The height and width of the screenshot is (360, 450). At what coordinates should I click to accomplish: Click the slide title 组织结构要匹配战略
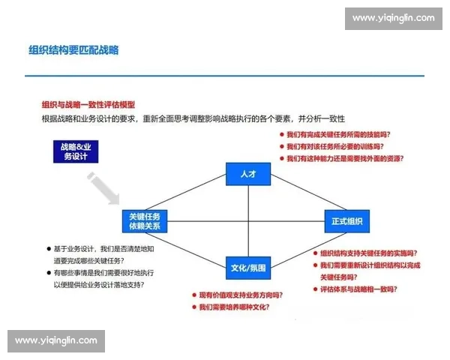[x=74, y=50]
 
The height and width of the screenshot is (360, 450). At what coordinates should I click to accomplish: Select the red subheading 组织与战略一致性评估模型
[x=88, y=105]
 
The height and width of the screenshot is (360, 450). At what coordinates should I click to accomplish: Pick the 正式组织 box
[x=347, y=221]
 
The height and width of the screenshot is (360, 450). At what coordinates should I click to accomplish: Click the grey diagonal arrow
[x=103, y=188]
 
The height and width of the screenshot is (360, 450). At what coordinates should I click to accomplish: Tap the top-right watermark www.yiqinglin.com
[x=393, y=17]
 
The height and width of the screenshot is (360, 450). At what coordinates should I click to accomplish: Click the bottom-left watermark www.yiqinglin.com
[x=56, y=340]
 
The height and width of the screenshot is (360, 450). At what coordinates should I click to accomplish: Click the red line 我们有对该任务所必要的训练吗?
[x=335, y=147]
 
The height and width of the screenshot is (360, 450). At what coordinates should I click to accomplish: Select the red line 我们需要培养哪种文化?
[x=233, y=307]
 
